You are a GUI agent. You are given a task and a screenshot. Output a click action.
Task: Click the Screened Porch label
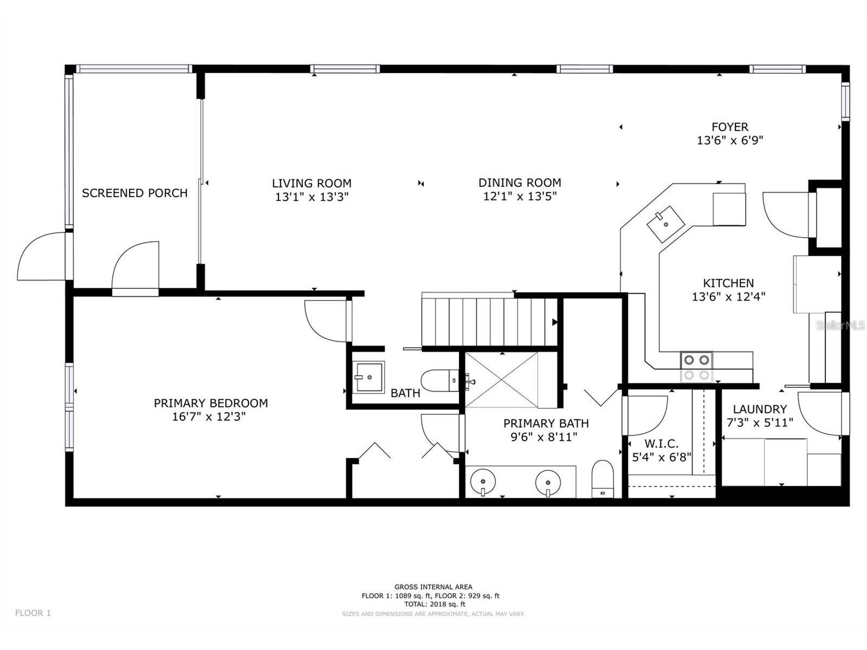click(x=134, y=193)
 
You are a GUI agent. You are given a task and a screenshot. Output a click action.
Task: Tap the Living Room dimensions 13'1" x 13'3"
click(x=312, y=197)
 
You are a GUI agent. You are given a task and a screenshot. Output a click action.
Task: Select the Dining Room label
click(x=519, y=183)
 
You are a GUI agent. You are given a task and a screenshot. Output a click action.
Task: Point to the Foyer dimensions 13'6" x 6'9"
click(x=730, y=140)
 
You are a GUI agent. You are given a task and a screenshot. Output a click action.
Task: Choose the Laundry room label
click(x=759, y=409)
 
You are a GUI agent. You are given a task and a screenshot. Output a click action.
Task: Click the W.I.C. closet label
click(x=661, y=443)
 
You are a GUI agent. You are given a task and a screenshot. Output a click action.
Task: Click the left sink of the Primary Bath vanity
click(x=482, y=481)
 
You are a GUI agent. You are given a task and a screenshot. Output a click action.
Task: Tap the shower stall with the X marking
click(x=502, y=380)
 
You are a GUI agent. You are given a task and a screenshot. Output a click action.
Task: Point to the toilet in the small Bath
click(x=439, y=380)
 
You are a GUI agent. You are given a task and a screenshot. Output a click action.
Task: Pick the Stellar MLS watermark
click(x=840, y=325)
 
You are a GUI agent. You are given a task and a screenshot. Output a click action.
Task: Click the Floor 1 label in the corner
click(x=33, y=613)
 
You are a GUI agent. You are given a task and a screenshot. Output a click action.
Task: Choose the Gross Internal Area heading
click(x=433, y=587)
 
